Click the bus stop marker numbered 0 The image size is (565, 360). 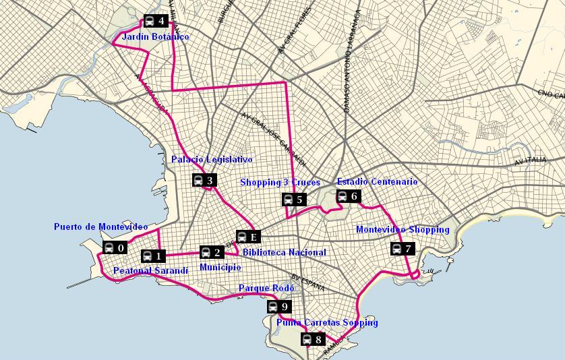click(x=115, y=247)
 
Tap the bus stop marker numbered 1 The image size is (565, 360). click(x=152, y=256)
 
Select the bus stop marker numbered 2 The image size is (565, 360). click(x=211, y=252)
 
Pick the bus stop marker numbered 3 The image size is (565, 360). click(x=204, y=180)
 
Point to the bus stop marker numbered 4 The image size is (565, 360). click(x=156, y=21)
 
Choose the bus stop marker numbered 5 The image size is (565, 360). click(x=293, y=199)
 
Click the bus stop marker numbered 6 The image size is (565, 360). click(x=348, y=196)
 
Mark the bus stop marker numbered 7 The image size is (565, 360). click(x=402, y=249)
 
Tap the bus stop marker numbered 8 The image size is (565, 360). click(x=311, y=338)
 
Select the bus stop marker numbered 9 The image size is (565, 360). click(x=278, y=307)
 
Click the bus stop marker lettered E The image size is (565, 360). click(x=247, y=237)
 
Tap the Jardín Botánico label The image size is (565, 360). click(x=155, y=36)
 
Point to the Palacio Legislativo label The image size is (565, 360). click(x=212, y=160)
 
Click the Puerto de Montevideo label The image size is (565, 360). click(x=100, y=227)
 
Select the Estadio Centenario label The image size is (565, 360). click(x=377, y=182)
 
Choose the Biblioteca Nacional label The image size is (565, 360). click(x=284, y=253)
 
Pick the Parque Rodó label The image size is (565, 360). click(x=266, y=289)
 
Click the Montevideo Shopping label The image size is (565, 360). click(x=403, y=230)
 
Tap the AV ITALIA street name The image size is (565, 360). click(x=529, y=161)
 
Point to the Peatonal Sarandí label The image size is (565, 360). click(x=150, y=270)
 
